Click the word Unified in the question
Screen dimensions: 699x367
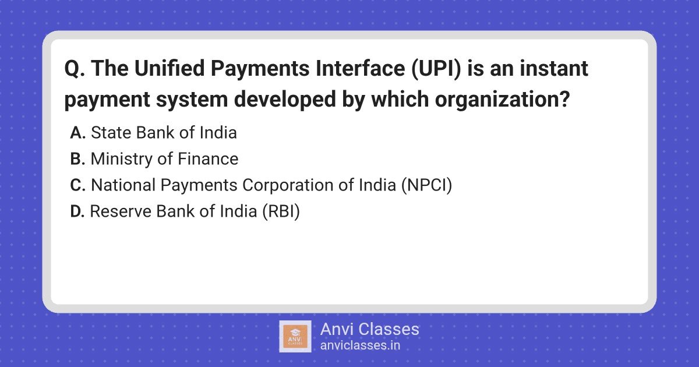pos(170,68)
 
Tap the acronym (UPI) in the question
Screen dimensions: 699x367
pos(436,69)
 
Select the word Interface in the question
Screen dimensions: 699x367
pos(361,68)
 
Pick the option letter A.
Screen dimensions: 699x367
pos(77,133)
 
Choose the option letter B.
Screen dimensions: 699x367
pos(77,159)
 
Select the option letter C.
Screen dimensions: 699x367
pos(77,185)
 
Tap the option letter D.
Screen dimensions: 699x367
pos(77,211)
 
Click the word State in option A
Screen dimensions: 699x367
pos(111,133)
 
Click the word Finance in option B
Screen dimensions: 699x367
pos(208,159)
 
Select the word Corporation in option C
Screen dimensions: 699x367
pos(287,186)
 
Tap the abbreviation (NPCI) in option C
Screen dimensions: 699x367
pos(426,185)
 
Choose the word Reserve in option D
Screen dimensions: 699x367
pos(121,211)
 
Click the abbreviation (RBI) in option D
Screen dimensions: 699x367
pos(281,211)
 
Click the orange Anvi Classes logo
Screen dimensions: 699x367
pos(295,337)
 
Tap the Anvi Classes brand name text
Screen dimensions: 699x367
pos(369,329)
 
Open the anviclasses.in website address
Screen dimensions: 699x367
pos(360,345)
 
